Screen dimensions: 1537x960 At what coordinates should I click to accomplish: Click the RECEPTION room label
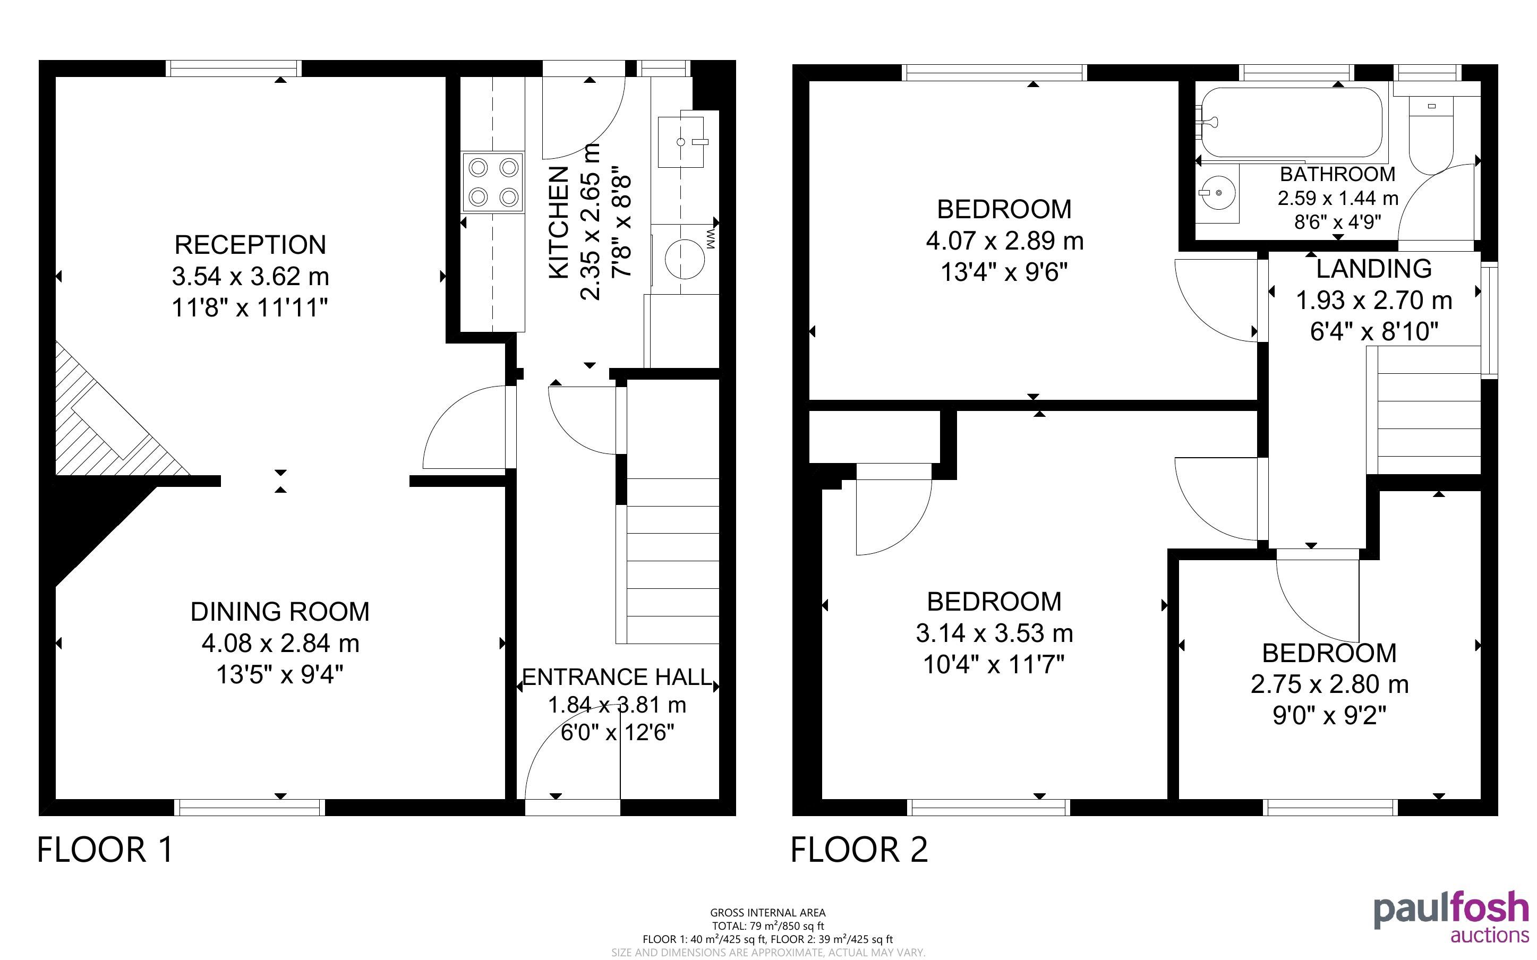(x=250, y=244)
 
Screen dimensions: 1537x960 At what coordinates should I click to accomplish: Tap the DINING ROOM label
(x=280, y=612)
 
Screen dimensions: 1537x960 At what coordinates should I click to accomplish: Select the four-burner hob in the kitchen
(x=493, y=182)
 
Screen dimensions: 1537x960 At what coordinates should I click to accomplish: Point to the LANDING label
(x=1374, y=269)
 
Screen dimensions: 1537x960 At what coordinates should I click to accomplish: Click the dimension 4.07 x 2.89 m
(x=1004, y=241)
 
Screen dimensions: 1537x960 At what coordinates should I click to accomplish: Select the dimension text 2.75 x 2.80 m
(x=1329, y=684)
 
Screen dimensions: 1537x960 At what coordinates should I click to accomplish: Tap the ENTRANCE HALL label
(x=617, y=678)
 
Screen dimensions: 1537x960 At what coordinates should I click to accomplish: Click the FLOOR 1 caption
(x=105, y=850)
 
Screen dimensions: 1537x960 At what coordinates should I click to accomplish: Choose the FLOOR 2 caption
(x=859, y=850)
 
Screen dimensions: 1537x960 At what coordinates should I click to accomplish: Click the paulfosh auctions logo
(x=1451, y=917)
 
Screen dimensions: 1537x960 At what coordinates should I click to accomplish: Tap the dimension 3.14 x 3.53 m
(x=994, y=633)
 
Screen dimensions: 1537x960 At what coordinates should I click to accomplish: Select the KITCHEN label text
(x=558, y=222)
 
